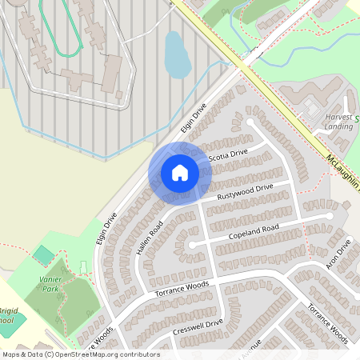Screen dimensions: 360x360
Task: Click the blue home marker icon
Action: [x=179, y=172]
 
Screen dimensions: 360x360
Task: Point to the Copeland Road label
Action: [x=252, y=232]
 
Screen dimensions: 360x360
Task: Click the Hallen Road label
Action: [x=150, y=238]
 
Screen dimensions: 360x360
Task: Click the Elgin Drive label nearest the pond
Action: [x=193, y=118]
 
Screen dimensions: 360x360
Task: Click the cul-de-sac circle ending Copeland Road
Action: [x=192, y=245]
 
